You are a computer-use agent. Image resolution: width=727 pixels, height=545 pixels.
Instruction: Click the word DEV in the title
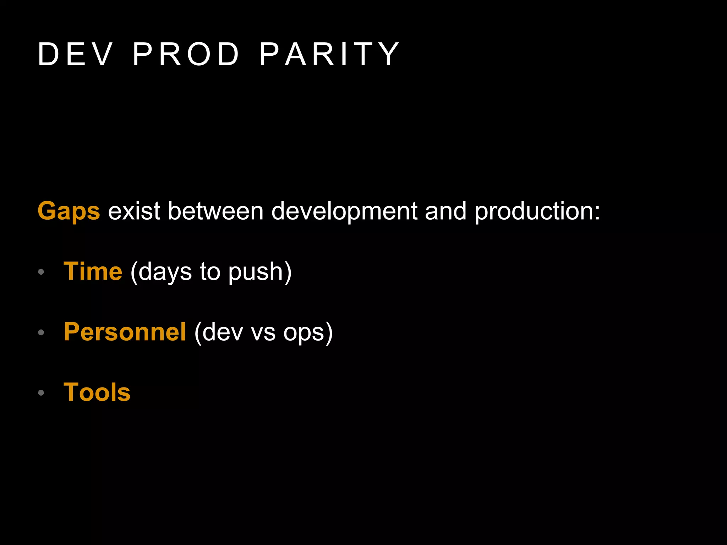point(75,54)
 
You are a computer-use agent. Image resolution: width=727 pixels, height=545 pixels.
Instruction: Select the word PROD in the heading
point(186,54)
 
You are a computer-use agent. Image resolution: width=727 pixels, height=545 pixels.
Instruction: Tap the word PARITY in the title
point(330,54)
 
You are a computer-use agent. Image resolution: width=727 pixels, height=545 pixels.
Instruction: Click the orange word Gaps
point(69,211)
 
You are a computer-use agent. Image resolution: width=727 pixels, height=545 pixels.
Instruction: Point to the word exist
point(134,211)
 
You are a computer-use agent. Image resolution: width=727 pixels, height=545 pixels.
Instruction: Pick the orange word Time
point(93,271)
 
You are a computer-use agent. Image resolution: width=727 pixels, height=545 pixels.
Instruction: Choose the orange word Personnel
point(125,332)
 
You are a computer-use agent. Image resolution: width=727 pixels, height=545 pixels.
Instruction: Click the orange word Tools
point(97,392)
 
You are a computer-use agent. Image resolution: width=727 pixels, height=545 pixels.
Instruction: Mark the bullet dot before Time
point(41,272)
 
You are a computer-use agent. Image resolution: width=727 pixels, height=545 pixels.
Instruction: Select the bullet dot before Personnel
point(41,332)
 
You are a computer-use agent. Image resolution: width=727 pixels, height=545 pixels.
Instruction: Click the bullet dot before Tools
point(41,393)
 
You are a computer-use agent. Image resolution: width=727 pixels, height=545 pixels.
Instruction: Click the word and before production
point(446,211)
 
